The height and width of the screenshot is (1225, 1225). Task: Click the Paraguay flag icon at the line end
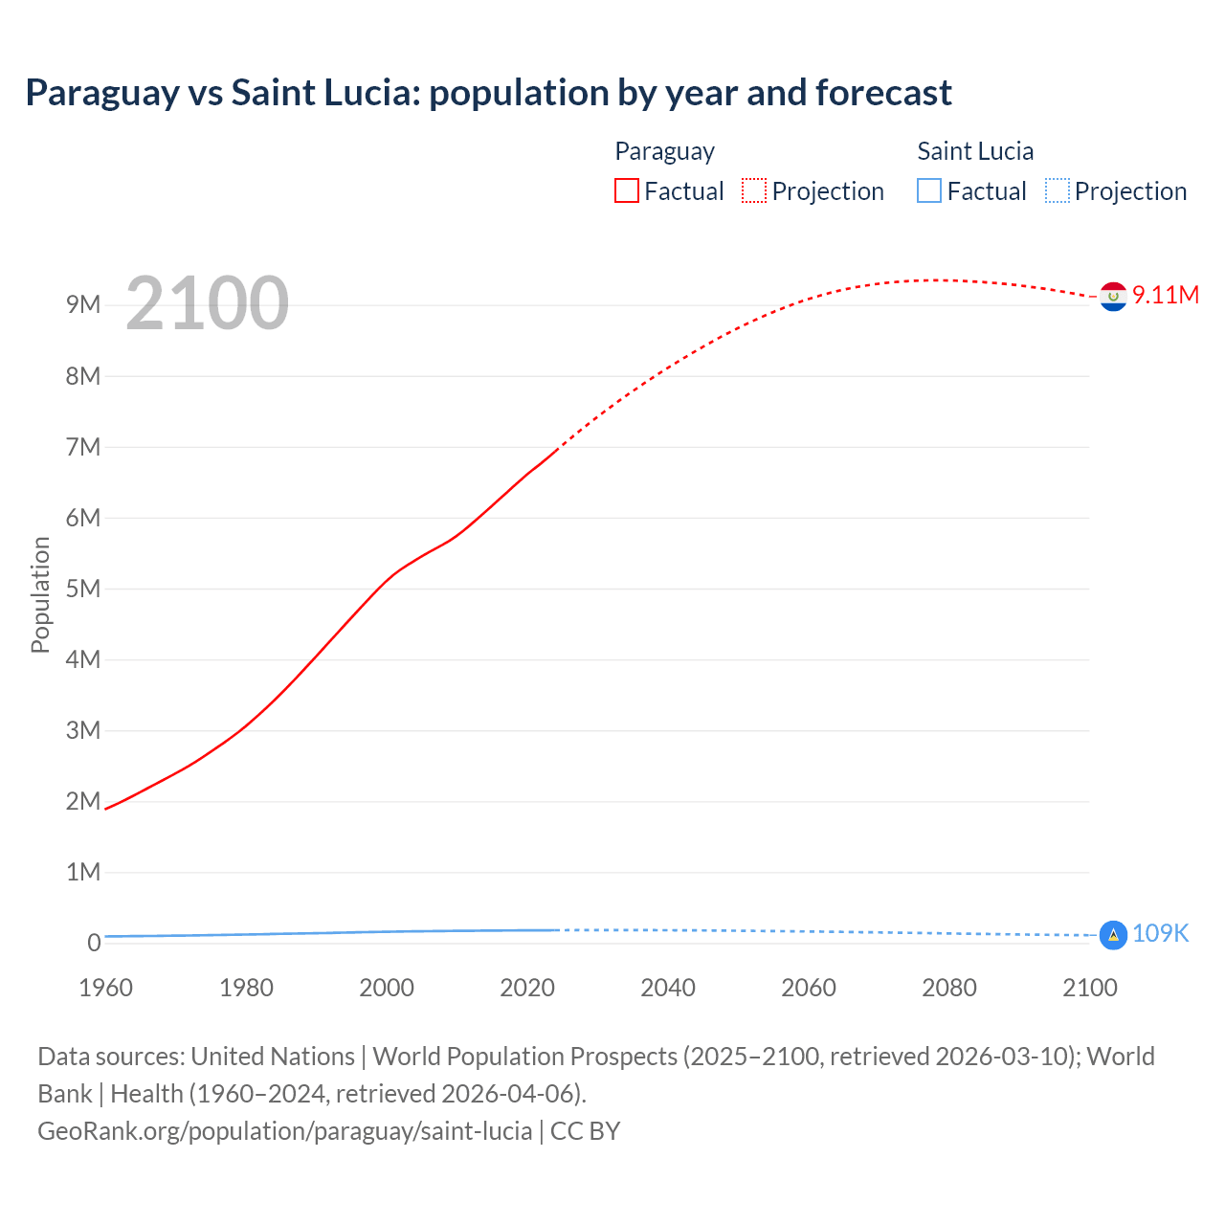click(x=1113, y=298)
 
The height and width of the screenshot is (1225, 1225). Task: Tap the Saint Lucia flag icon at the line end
click(x=1113, y=935)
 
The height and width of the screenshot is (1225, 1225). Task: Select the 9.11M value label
click(x=1166, y=295)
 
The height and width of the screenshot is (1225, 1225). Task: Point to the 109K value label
click(x=1160, y=933)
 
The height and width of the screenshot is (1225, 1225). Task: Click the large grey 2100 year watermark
click(x=207, y=303)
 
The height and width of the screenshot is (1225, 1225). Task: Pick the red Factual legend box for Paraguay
click(x=627, y=190)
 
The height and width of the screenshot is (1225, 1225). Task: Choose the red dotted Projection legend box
click(x=754, y=190)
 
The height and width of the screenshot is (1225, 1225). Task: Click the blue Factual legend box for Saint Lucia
click(x=929, y=190)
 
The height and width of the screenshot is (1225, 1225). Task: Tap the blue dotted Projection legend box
click(x=1058, y=190)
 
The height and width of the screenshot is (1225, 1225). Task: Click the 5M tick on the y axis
click(x=83, y=589)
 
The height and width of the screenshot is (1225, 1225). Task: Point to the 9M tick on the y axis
click(x=83, y=305)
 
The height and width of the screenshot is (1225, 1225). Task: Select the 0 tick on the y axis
click(x=94, y=943)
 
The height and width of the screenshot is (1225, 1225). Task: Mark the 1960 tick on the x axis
click(x=105, y=988)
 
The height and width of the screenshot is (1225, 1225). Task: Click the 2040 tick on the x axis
click(x=668, y=988)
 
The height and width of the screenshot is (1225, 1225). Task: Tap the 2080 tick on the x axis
click(x=949, y=988)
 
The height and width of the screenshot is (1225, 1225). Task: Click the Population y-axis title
click(x=40, y=594)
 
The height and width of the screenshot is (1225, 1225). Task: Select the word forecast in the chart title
click(x=883, y=93)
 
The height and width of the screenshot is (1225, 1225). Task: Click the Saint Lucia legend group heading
click(x=975, y=151)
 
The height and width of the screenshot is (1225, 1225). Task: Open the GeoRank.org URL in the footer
click(x=284, y=1131)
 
